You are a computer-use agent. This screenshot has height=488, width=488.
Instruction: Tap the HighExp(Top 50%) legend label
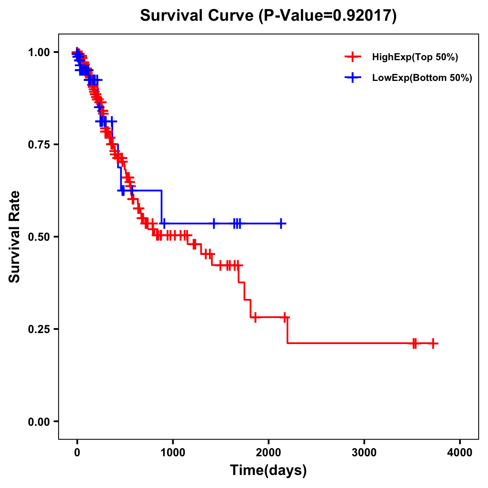tap(415, 57)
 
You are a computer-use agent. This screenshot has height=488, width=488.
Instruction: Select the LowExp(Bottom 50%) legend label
tap(422, 78)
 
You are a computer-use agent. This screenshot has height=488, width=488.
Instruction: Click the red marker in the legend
tap(353, 57)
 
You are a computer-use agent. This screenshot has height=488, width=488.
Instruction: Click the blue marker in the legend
tap(353, 78)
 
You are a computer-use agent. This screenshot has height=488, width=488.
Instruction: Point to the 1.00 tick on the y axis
tap(39, 52)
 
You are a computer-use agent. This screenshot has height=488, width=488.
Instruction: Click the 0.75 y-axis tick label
tap(39, 144)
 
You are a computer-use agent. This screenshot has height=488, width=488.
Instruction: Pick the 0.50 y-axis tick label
tap(39, 237)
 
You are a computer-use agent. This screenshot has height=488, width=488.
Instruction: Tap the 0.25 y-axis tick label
tap(39, 329)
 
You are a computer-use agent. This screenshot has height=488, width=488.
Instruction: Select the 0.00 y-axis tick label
tap(39, 421)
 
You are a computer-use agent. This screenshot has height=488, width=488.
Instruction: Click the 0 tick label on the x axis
tap(77, 453)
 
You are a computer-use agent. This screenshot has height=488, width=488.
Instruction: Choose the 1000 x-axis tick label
tap(173, 453)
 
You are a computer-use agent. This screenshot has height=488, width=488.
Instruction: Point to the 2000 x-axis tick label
tap(268, 453)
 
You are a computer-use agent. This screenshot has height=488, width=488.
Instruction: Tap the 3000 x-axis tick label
tap(364, 453)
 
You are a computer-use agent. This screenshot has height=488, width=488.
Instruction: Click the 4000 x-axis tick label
tap(460, 453)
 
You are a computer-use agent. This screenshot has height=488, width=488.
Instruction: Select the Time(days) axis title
tap(268, 471)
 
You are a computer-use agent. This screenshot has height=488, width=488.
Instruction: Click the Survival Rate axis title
tap(15, 237)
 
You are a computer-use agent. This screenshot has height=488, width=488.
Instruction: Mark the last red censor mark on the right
tap(434, 343)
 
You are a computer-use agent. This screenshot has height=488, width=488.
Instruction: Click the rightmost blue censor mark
tap(281, 223)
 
